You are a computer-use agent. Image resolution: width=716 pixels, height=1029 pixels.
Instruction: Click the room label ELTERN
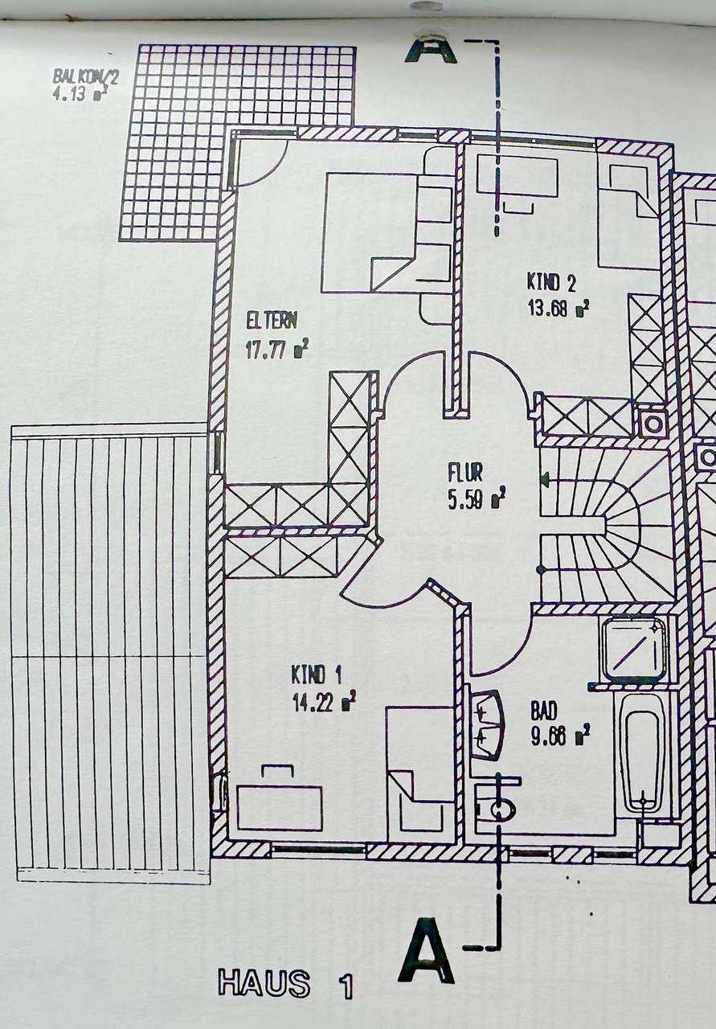(272, 320)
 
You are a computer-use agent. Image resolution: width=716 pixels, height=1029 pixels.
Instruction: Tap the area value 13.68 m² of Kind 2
(558, 308)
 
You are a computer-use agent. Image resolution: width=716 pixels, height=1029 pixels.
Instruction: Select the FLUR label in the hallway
(465, 474)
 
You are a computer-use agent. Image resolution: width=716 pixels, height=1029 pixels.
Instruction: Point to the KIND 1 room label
(317, 674)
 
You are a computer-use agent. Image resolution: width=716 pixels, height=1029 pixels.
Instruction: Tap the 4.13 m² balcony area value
(80, 94)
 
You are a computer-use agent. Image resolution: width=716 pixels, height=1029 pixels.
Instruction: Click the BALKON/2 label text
(85, 76)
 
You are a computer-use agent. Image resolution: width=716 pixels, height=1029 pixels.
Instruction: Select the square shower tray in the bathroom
(634, 649)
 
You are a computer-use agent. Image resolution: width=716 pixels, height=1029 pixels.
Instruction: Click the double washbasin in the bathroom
(488, 726)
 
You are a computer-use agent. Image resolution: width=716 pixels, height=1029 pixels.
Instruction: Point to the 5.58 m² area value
(477, 499)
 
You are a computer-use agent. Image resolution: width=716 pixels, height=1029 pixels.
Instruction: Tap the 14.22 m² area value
(324, 703)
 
